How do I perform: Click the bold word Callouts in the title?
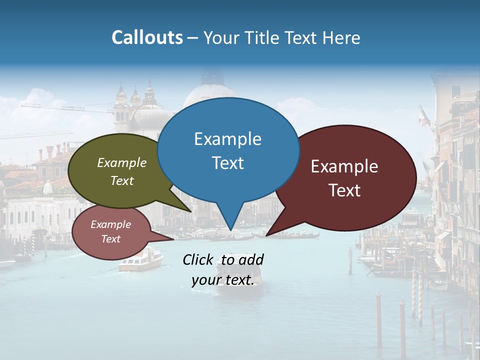coord(147,38)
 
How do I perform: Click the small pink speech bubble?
coord(111,232)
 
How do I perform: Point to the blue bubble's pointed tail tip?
coord(230,230)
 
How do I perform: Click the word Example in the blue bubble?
coord(227,139)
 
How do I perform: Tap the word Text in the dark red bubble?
coord(344,190)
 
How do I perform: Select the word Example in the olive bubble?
coord(122,163)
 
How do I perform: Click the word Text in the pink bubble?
coord(111,239)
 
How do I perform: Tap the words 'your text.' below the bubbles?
coord(223,280)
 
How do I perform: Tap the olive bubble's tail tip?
coord(191,212)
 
